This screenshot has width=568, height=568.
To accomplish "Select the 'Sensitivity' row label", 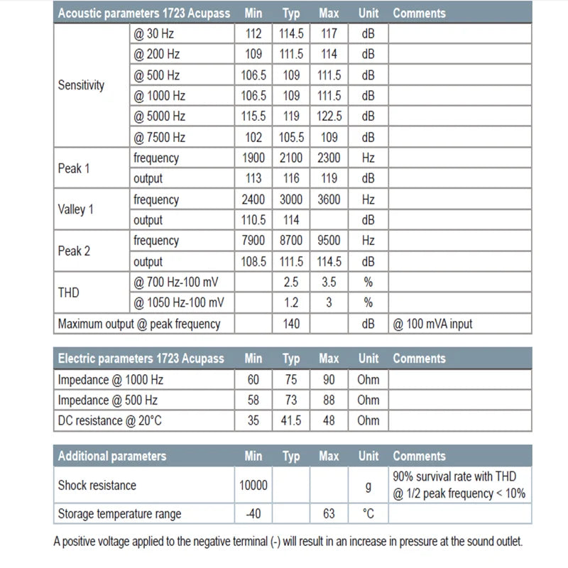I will coord(81,85).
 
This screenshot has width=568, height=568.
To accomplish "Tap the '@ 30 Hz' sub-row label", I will coord(153,33).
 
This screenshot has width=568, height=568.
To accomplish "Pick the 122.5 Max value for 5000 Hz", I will coord(329,116).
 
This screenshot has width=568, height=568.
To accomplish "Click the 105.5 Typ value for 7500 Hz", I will coord(291,137).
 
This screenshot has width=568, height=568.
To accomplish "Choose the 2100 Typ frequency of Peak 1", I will coord(291,158).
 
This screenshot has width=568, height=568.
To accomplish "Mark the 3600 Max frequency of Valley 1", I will coord(329,200).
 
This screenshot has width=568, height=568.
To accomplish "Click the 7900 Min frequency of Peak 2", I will coord(253,241).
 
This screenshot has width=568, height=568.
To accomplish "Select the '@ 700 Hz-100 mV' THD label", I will coord(179,282).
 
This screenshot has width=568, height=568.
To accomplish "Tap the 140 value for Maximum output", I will coord(291,324).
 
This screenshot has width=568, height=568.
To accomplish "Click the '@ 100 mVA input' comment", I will coord(432,324).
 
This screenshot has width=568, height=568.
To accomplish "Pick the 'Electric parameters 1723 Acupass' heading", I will coord(141,359).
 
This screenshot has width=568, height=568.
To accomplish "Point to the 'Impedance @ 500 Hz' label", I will coord(107,400).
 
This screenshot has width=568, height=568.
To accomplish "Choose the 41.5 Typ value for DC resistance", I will coord(291,420).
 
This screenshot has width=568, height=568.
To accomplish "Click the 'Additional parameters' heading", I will coord(112,456).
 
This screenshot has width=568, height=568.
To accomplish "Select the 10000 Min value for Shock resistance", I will coord(253,486).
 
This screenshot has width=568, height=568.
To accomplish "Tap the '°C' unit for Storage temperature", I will coord(368,513).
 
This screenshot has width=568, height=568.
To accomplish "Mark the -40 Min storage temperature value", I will coord(253,513).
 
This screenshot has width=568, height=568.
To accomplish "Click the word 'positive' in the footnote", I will coord(82,542).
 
